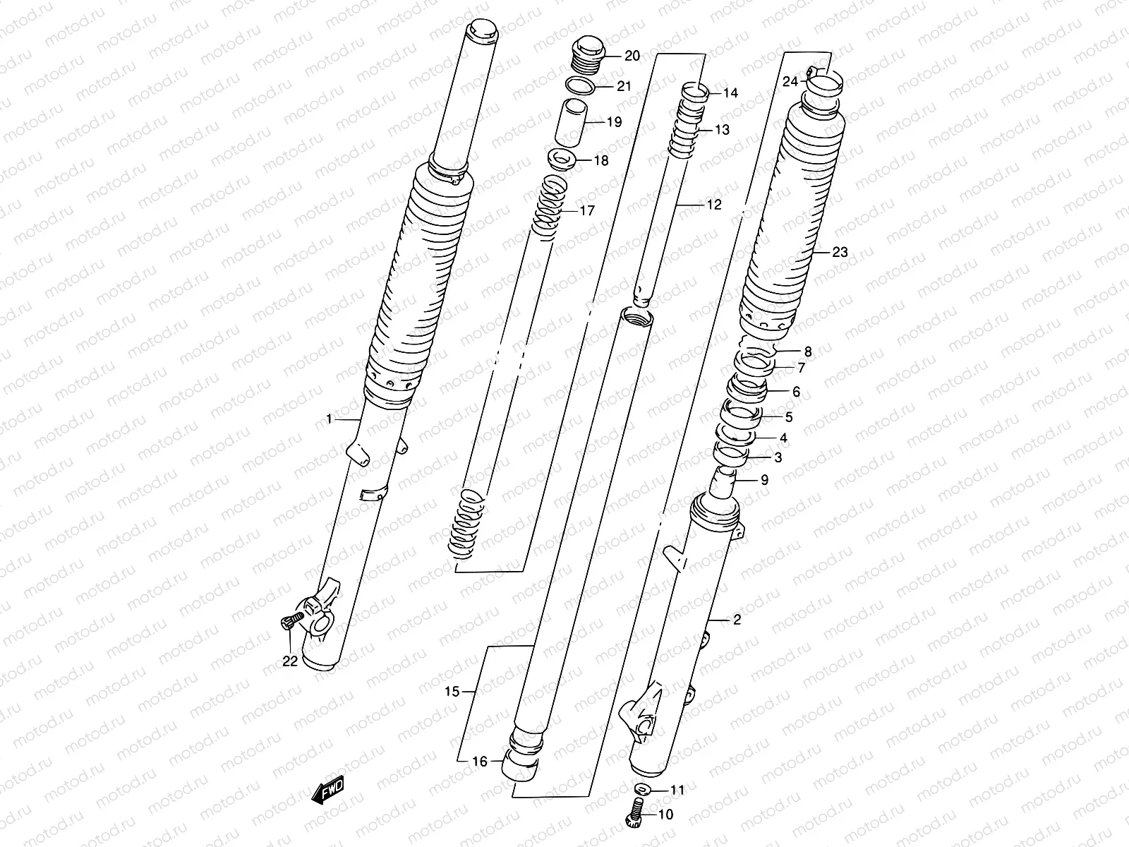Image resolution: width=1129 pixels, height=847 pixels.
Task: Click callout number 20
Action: [x=632, y=56]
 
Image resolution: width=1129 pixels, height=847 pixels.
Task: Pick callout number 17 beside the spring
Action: [x=586, y=210]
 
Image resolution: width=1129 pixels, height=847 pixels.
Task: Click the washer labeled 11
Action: [x=642, y=790]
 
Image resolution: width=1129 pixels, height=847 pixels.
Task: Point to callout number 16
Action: [x=479, y=762]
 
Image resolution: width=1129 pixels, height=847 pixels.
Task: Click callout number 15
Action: [x=452, y=692]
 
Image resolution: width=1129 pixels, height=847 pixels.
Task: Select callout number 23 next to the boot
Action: [x=840, y=252]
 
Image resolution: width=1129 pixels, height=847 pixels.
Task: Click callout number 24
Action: [x=790, y=82]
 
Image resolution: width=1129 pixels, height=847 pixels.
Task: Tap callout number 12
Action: [x=714, y=205]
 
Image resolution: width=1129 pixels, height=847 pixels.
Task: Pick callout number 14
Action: [x=730, y=93]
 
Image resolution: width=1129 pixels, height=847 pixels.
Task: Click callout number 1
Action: [x=329, y=419]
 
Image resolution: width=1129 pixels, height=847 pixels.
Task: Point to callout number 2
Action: [x=737, y=620]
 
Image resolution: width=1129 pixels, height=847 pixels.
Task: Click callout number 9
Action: [x=764, y=481]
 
